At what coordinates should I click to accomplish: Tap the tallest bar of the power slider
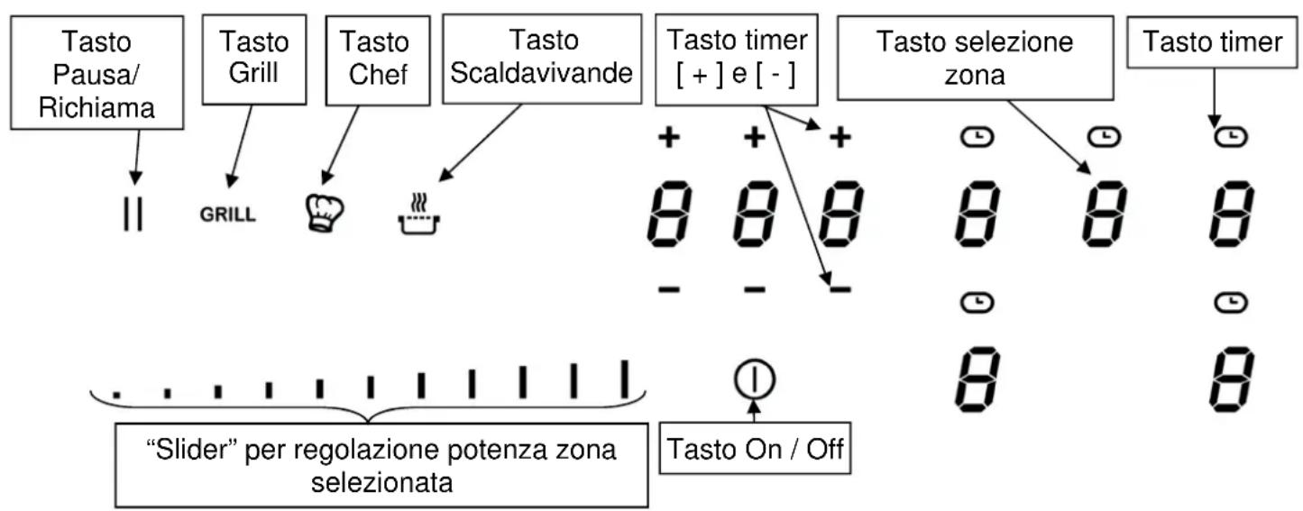pos(623,379)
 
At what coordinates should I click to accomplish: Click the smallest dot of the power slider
pos(115,394)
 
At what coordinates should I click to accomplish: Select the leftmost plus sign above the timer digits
pos(669,137)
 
